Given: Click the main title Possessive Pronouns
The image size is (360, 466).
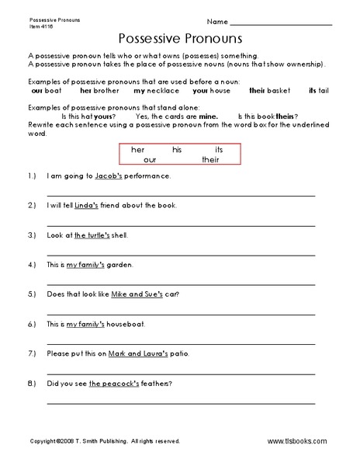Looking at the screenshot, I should pos(180,37).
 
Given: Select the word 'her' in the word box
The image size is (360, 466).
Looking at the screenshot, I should pos(138,148).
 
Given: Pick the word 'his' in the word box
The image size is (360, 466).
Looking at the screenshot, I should pos(177,148).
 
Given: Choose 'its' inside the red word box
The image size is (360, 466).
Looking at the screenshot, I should pos(219,148).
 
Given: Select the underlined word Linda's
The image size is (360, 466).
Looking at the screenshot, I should pos(106,206).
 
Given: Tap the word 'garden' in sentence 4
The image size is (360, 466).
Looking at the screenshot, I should pos(123,265).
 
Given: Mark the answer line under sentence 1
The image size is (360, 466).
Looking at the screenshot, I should pos(181,193).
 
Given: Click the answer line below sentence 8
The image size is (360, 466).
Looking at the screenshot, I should pos(181,402).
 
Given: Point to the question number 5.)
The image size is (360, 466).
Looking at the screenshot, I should pos(32,294).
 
